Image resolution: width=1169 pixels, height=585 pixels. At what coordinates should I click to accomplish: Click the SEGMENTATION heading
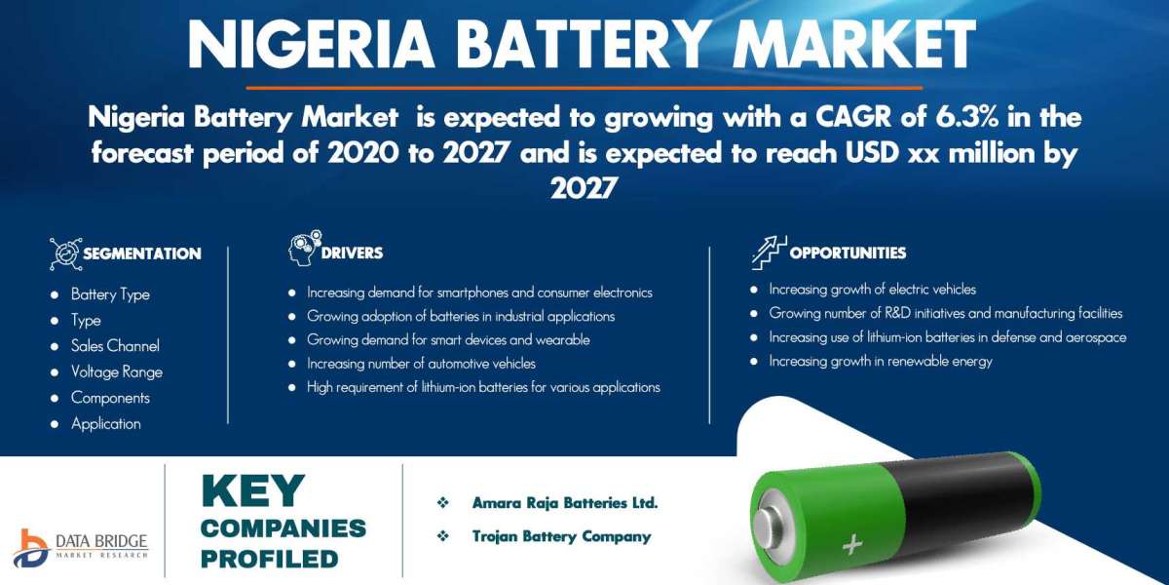[141, 253]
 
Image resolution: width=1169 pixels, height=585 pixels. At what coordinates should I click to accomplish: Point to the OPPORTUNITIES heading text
[848, 253]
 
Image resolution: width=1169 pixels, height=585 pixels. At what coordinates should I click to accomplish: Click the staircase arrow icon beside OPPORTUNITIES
[768, 252]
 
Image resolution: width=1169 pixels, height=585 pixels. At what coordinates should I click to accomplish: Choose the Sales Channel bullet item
[115, 346]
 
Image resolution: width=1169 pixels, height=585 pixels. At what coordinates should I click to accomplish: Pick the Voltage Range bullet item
[117, 371]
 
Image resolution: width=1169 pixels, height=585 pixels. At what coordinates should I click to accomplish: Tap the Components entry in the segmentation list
[110, 398]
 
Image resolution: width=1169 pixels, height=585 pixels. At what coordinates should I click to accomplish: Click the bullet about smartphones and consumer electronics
[479, 292]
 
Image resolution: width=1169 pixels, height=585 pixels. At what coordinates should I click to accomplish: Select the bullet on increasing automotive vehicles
[421, 364]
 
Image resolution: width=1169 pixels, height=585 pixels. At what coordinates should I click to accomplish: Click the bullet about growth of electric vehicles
[872, 290]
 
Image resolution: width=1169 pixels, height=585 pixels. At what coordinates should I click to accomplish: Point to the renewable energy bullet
[881, 361]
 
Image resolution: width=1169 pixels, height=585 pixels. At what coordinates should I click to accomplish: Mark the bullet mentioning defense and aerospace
[947, 337]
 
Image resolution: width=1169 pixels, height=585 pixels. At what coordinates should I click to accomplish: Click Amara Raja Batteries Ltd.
[565, 503]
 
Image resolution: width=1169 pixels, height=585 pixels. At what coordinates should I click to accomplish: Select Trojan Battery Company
[561, 536]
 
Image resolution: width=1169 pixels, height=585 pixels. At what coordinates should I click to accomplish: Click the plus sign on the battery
[852, 544]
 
